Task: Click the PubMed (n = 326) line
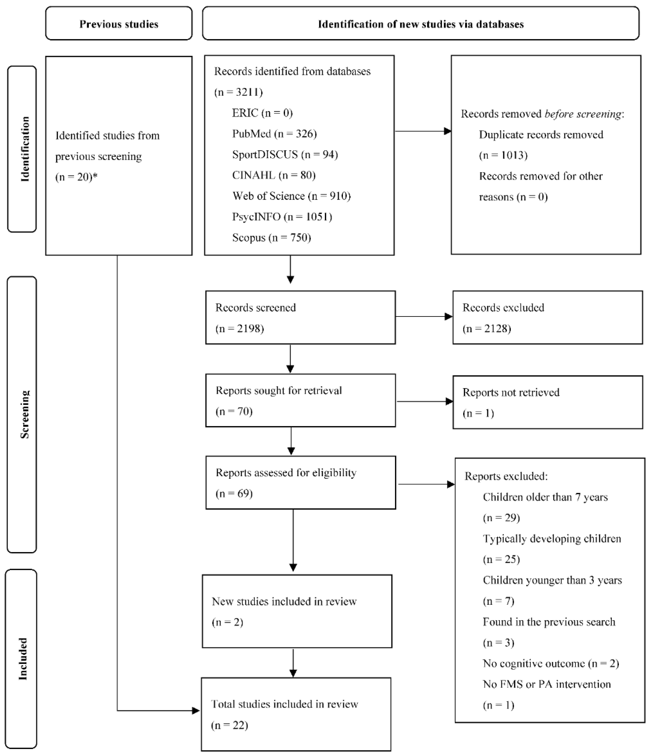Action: tap(274, 134)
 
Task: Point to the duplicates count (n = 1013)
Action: tap(503, 155)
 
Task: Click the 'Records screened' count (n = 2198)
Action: tap(240, 329)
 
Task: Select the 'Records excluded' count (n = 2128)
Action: tap(486, 329)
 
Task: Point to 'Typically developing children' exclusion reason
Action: tap(552, 539)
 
